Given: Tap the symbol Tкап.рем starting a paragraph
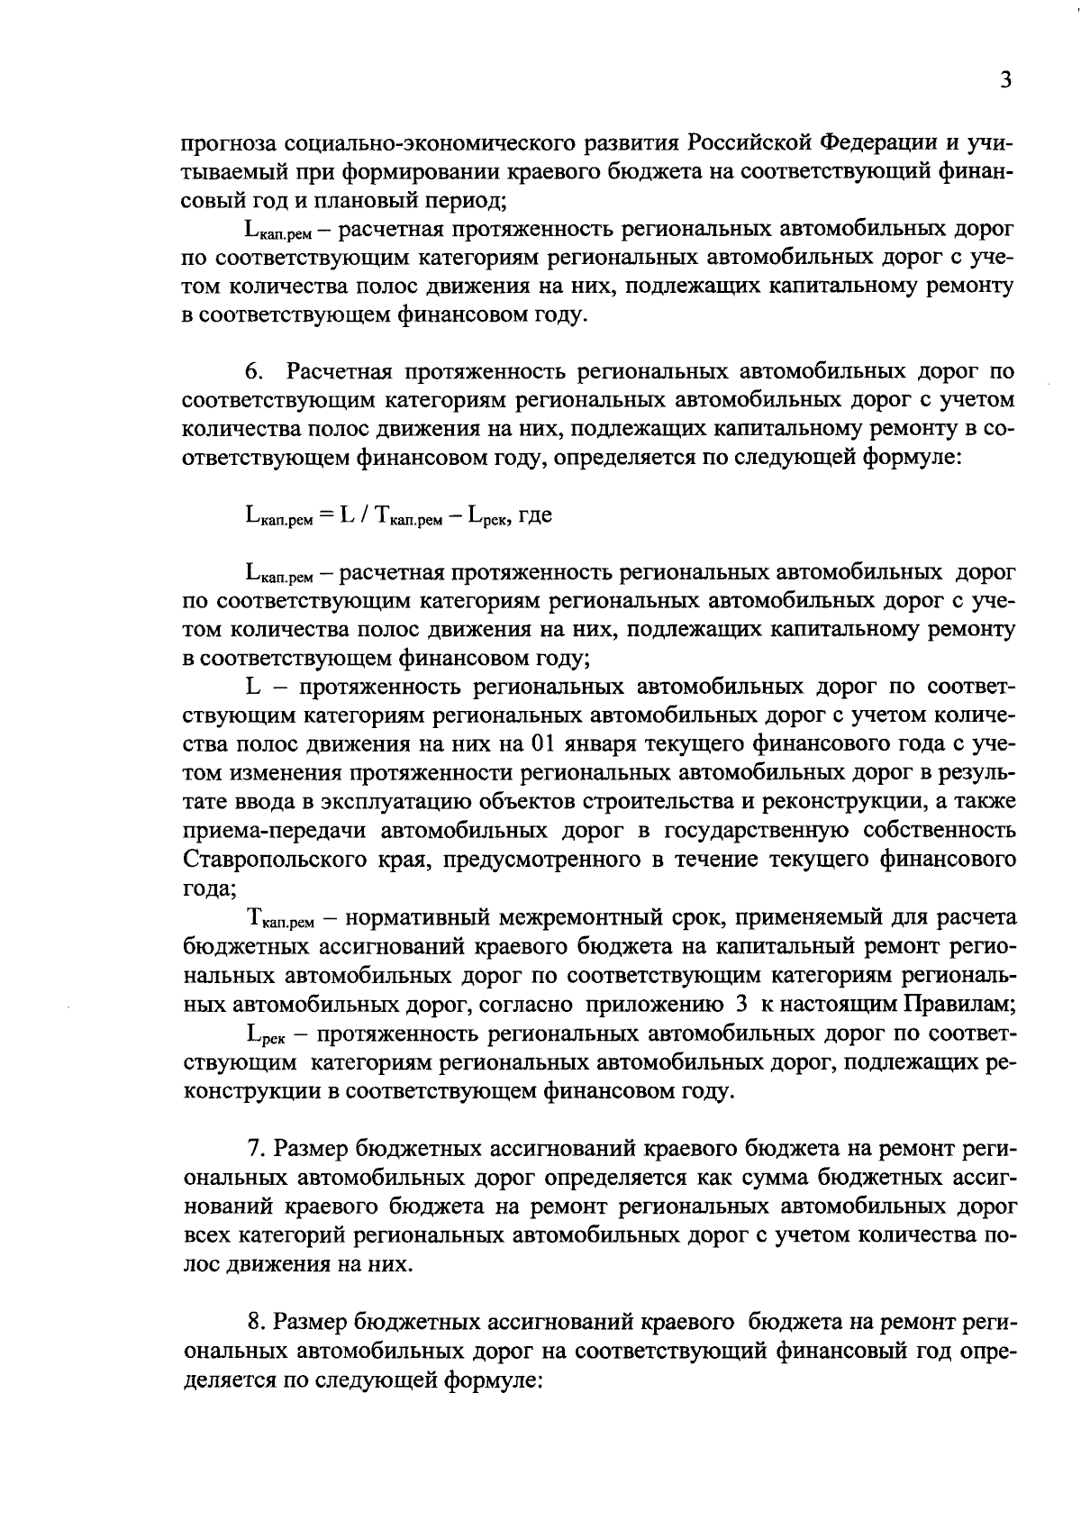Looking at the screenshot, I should [x=279, y=919].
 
